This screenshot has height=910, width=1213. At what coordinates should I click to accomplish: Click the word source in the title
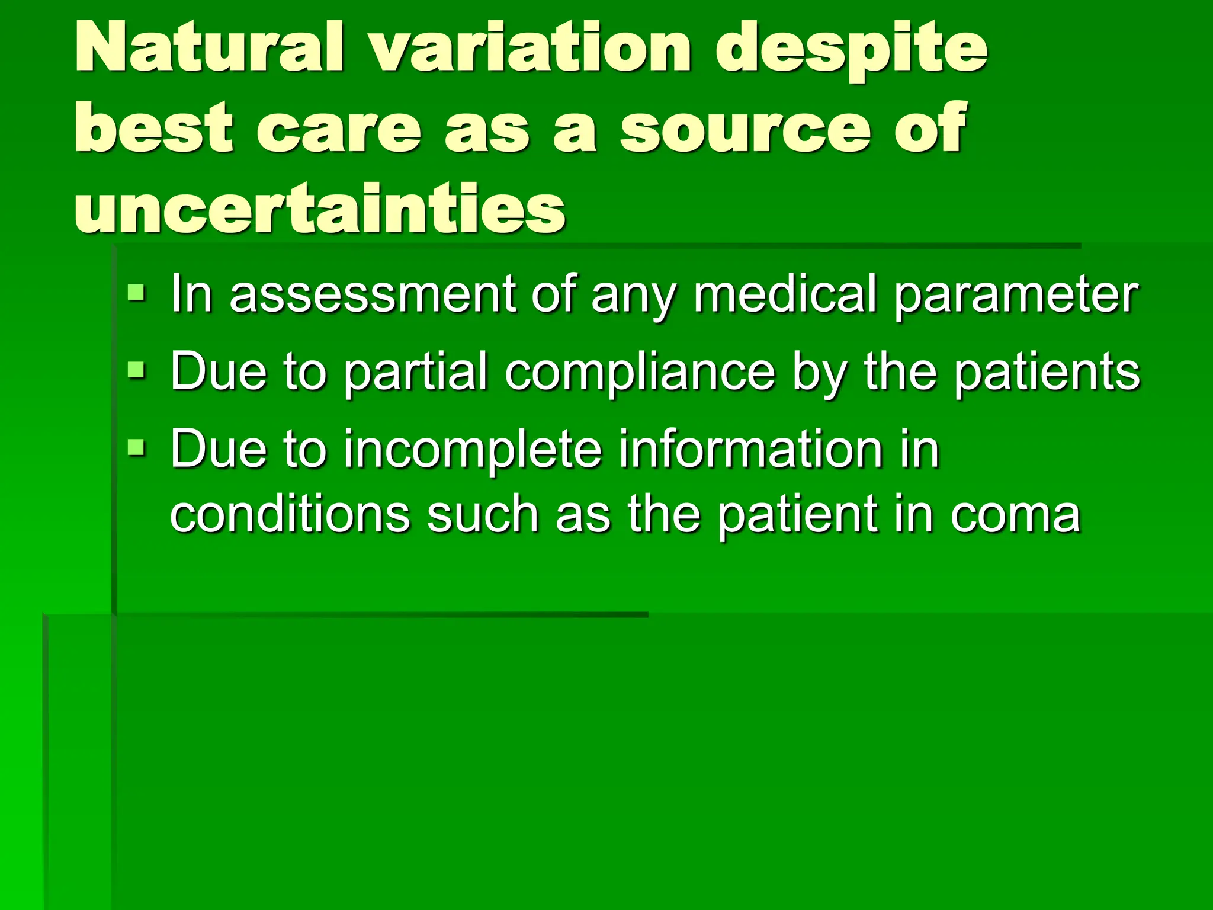(x=746, y=128)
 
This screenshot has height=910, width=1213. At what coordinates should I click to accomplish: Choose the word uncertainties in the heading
(x=320, y=208)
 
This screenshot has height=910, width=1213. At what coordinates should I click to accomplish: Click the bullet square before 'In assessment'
(x=136, y=291)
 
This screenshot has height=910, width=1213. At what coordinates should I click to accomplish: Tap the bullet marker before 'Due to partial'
(x=136, y=370)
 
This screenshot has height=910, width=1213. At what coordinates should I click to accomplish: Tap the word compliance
(x=640, y=373)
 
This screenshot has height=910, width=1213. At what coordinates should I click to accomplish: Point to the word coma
(x=1015, y=514)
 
